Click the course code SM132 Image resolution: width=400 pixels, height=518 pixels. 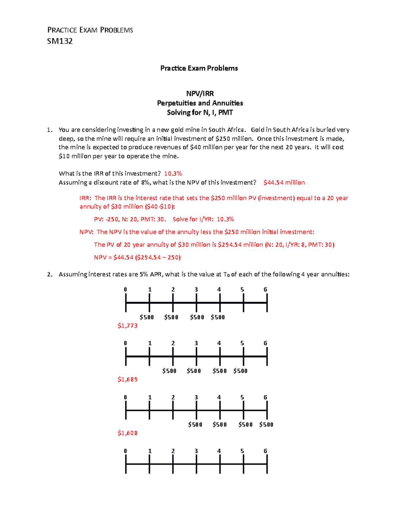(60, 41)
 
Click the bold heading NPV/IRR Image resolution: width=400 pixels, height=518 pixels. (200, 93)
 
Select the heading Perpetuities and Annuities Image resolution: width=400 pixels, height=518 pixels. (200, 103)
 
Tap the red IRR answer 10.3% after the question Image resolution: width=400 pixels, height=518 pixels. (173, 173)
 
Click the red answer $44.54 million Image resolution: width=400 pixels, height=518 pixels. (284, 182)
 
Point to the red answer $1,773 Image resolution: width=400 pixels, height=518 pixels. (127, 326)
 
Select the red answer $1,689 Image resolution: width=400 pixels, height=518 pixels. (127, 379)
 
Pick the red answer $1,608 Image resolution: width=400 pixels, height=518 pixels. (127, 433)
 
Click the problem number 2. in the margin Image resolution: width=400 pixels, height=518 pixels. (50, 275)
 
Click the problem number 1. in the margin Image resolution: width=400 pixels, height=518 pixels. (50, 130)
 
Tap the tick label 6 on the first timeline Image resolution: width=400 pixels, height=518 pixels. (265, 290)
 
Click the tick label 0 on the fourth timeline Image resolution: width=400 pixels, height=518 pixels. (125, 451)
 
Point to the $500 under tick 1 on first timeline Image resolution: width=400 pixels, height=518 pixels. (147, 317)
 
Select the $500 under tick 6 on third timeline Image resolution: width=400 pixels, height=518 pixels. (266, 425)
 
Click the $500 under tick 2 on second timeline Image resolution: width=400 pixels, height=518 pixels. (169, 371)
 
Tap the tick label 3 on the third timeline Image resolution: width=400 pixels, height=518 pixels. (196, 397)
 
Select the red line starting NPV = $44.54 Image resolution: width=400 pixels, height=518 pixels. (137, 257)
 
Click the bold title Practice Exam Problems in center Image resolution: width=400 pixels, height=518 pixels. (199, 68)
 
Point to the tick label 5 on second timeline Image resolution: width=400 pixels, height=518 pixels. (242, 343)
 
